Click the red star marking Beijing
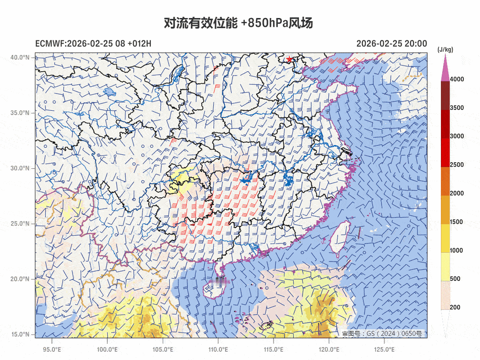(289, 59)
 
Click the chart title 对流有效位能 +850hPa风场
(239, 23)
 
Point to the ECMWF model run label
(93, 44)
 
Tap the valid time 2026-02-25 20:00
(391, 44)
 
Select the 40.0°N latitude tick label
(20, 58)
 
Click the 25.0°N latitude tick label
(20, 224)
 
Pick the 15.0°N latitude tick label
(20, 334)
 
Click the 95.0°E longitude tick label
(52, 349)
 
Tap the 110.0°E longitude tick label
(218, 349)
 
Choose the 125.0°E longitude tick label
(384, 349)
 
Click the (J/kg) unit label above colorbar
(445, 50)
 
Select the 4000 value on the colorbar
(457, 79)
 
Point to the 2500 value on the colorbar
(457, 165)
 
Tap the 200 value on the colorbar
(455, 307)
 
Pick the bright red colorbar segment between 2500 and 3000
(445, 153)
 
